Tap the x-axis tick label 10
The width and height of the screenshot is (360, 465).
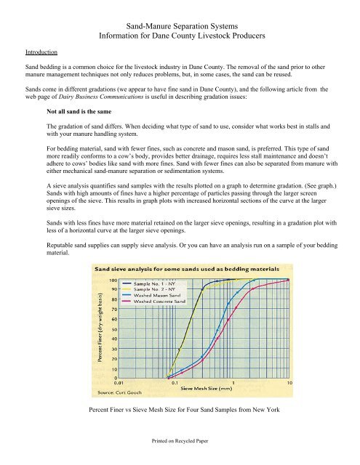point(289,383)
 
